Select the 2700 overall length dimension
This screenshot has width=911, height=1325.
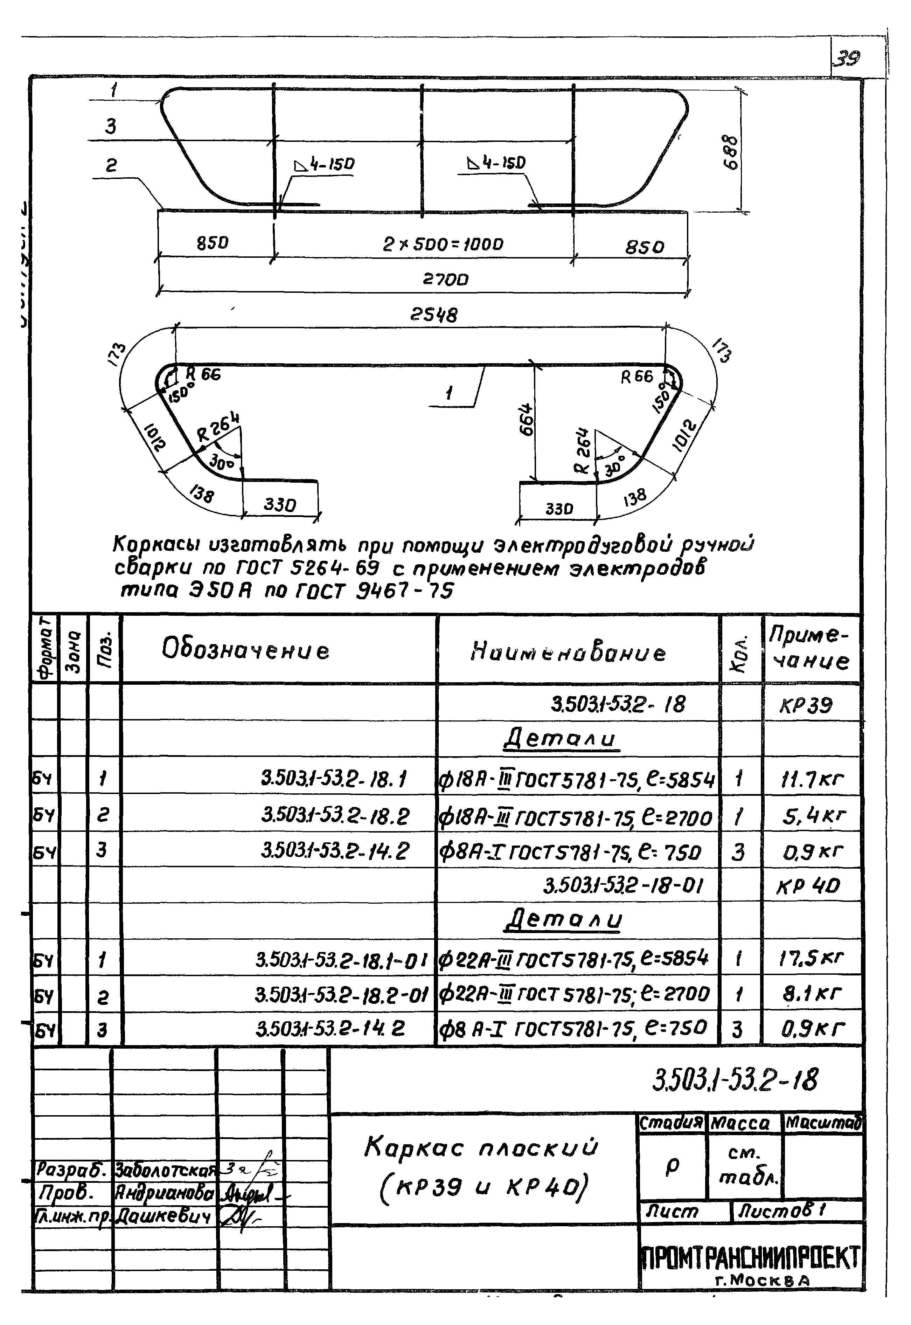point(445,280)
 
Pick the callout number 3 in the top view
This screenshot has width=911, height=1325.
point(110,126)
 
